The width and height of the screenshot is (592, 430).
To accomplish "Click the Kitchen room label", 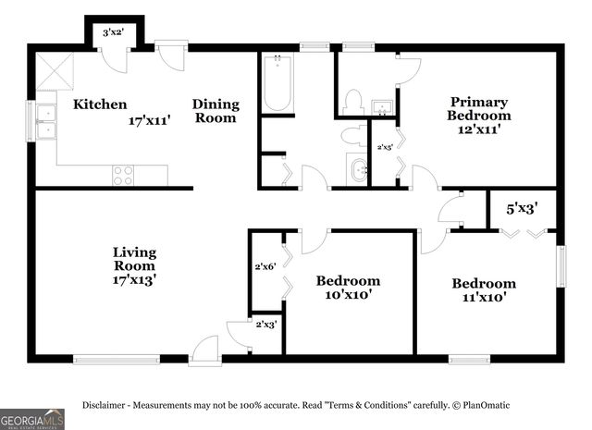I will point(100,104).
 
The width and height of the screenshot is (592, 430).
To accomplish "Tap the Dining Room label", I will point(216,111).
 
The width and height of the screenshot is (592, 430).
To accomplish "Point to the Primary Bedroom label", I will point(478,116).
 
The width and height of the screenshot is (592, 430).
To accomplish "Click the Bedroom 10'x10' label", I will point(348,288).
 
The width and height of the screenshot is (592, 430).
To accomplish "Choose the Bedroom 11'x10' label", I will point(483,290).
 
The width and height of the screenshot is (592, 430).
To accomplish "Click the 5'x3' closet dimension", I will point(521,209).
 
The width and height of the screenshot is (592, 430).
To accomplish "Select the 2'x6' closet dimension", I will point(266,267).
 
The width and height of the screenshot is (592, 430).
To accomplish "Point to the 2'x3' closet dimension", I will point(265,324).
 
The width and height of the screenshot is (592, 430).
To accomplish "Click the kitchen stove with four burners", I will point(123,175).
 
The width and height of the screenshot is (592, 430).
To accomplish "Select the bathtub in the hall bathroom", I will point(277,83).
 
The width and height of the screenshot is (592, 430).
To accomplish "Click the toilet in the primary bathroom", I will point(351,102).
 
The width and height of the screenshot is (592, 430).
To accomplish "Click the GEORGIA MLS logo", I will point(31,418).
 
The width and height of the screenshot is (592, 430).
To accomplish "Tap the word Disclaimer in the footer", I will point(106,405).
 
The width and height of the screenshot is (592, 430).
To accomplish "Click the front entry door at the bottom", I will point(204,351).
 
